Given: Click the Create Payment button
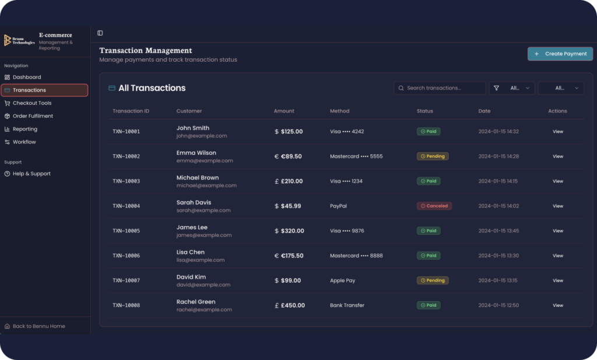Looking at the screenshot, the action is [560, 54].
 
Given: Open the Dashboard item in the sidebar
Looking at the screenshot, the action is [23, 77].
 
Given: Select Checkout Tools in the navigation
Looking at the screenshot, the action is [28, 103].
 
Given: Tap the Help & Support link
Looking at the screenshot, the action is [27, 174].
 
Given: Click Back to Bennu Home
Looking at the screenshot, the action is [34, 326].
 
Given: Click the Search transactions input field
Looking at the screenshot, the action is [440, 88].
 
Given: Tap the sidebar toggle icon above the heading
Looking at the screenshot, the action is [100, 33].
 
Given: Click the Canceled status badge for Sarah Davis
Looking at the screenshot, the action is [434, 206].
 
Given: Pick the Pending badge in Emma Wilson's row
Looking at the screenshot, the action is [433, 156].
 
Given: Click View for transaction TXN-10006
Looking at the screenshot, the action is [558, 256].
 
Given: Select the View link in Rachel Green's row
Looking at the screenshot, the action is [558, 305].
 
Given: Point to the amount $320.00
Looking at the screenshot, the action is [289, 231].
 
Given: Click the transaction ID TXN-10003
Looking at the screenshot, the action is [126, 181].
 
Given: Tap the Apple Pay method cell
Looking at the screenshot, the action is [342, 280].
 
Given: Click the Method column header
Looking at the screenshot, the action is [340, 111].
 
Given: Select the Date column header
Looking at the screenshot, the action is [484, 111].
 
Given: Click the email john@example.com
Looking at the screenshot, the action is [201, 136].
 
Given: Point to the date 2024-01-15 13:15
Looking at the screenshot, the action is [498, 280].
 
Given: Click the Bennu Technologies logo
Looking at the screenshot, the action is [19, 40].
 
